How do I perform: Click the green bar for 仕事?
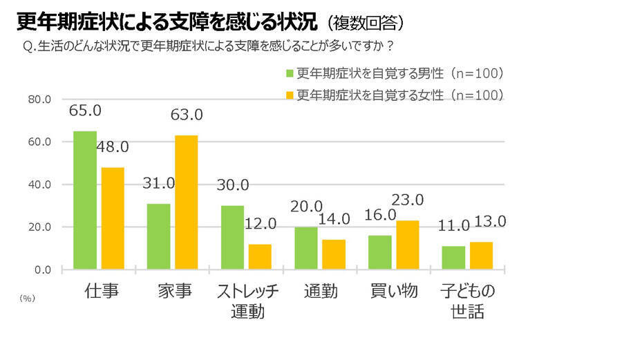pyautogui.click(x=85, y=200)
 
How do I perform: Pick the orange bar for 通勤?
pyautogui.click(x=334, y=254)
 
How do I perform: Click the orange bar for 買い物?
pyautogui.click(x=407, y=245)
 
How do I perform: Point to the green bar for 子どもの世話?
pyautogui.click(x=453, y=257)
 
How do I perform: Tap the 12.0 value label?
pyautogui.click(x=260, y=224)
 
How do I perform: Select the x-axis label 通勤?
pyautogui.click(x=321, y=291)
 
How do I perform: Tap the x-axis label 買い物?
pyautogui.click(x=394, y=291)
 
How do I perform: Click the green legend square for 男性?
pyautogui.click(x=290, y=74)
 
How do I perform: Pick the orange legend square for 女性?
pyautogui.click(x=290, y=95)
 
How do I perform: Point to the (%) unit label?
pyautogui.click(x=27, y=299)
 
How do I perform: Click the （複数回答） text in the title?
pyautogui.click(x=362, y=23)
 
